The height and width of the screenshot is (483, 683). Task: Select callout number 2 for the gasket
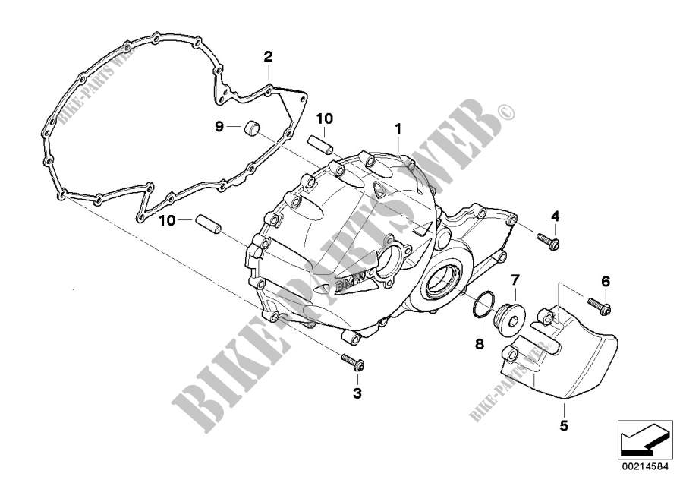pyautogui.click(x=267, y=56)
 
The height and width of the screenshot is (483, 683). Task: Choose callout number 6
pyautogui.click(x=606, y=282)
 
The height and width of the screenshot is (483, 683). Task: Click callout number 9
pyautogui.click(x=219, y=127)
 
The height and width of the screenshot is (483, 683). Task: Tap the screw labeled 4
pyautogui.click(x=547, y=241)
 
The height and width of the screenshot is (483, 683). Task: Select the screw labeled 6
pyautogui.click(x=596, y=308)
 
